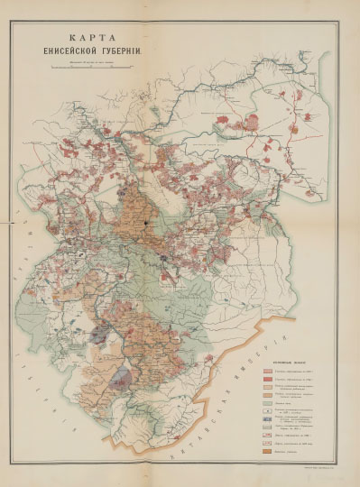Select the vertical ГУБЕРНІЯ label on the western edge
(x=33, y=397)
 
